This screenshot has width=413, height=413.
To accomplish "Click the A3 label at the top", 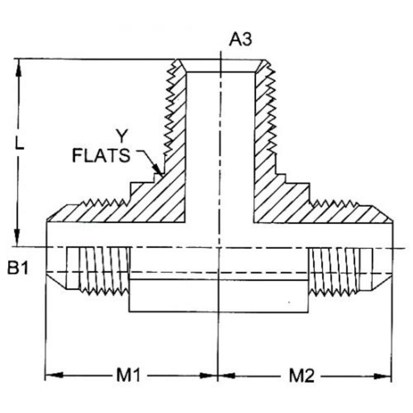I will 241,39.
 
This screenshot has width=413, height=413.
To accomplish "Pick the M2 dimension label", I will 302,376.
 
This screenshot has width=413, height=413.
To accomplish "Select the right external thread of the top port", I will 272,107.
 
